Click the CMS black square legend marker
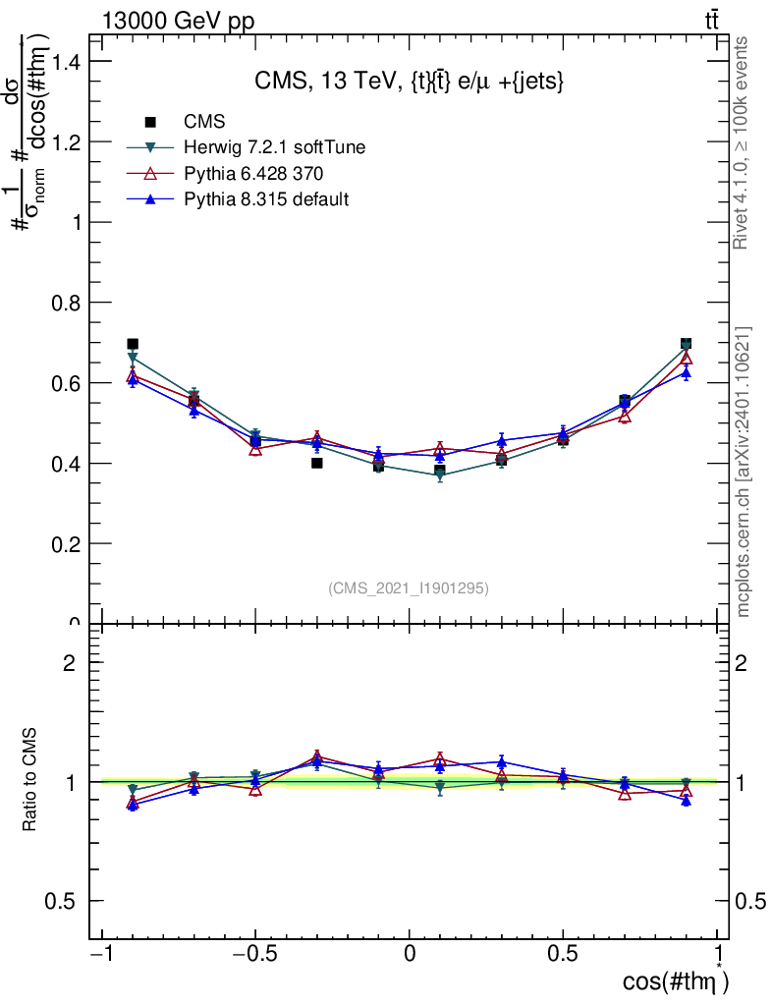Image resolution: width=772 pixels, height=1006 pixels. [x=151, y=122]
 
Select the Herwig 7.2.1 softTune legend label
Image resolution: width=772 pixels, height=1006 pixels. [x=275, y=147]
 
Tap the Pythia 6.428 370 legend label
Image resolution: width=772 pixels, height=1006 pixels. [x=254, y=173]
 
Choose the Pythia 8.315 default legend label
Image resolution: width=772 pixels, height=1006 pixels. [x=266, y=199]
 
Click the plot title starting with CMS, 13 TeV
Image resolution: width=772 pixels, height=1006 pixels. [x=408, y=82]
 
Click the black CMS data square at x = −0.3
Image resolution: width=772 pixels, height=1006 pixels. [x=317, y=463]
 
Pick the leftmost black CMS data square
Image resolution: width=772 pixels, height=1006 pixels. [x=133, y=345]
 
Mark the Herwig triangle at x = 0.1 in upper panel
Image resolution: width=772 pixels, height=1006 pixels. [x=440, y=476]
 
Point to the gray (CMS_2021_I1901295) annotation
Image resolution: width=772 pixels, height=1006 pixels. [x=408, y=587]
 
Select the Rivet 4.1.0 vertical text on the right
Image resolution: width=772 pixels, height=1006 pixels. [x=744, y=141]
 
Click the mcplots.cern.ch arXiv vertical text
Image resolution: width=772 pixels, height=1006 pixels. [x=744, y=472]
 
